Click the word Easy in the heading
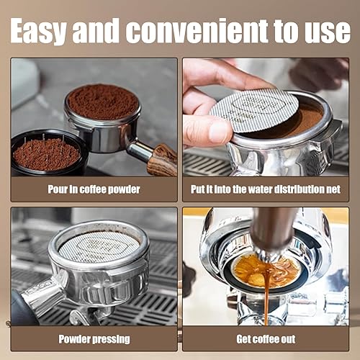click(37, 32)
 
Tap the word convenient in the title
click(197, 32)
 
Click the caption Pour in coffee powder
click(94, 189)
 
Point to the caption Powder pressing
click(94, 339)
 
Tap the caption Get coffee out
click(266, 339)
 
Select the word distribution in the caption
click(300, 189)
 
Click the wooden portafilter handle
click(162, 160)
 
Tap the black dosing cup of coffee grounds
click(48, 153)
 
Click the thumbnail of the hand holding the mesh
click(266, 117)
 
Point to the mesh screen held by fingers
click(254, 110)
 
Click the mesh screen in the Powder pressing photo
click(99, 246)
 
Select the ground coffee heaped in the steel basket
click(103, 102)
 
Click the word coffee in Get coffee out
click(266, 339)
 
